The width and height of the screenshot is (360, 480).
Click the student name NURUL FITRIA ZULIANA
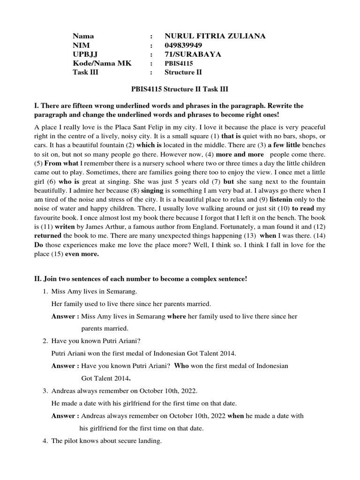tap(215, 36)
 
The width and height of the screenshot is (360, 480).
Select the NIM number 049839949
tap(183, 45)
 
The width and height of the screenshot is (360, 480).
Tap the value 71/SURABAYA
tap(187, 54)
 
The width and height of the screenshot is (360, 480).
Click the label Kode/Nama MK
tap(96, 63)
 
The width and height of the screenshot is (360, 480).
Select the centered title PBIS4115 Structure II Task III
tap(180, 89)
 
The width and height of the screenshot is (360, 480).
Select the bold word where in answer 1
tap(176, 316)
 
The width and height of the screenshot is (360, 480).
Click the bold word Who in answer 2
tap(181, 366)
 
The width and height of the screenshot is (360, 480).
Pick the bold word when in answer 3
tap(235, 415)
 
